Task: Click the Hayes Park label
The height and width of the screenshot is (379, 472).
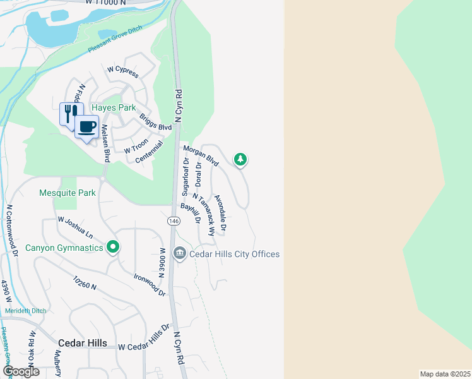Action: point(114,107)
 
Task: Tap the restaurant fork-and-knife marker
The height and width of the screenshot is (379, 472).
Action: point(70,114)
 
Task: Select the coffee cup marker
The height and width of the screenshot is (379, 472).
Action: point(86,127)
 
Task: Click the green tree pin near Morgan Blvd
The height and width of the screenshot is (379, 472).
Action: point(240,159)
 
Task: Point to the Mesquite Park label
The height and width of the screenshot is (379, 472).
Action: point(68,193)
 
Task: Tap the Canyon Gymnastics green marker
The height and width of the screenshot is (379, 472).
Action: point(113,246)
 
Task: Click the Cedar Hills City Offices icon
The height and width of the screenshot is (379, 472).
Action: point(180,254)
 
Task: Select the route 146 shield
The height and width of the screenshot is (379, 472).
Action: point(174,221)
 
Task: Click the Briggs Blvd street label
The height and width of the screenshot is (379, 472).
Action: point(156,118)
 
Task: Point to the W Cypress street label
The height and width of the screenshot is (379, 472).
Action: point(123,71)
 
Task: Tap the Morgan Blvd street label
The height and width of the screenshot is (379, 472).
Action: point(201,155)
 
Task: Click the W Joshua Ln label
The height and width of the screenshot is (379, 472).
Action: point(75,226)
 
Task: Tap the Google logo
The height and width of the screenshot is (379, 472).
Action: point(21,371)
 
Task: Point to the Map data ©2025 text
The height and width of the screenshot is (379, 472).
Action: point(445,374)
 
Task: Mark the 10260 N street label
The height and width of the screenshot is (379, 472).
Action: point(85,282)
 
